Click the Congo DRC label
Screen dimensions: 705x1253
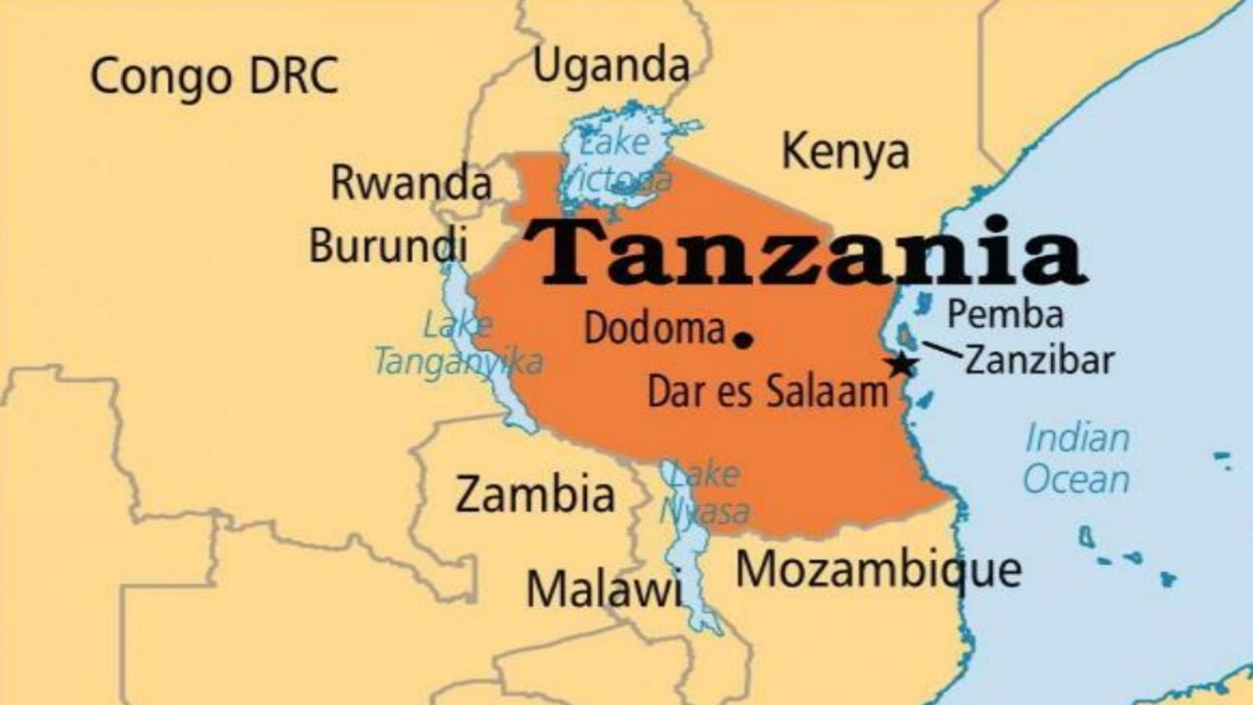pos(214,75)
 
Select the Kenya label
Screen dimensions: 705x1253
pos(845,153)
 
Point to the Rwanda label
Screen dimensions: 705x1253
pos(410,183)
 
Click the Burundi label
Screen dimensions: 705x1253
pos(388,245)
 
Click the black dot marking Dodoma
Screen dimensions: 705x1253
pos(743,339)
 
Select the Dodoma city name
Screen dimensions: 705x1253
pos(655,328)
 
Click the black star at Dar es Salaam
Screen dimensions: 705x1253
pos(902,365)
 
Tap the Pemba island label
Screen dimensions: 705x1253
pos(1005,314)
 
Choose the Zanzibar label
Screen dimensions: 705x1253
pos(1039,360)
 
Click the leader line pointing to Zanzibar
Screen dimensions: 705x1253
pos(942,350)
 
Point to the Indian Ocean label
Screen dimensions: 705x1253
pos(1076,459)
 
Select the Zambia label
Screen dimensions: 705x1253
pos(535,494)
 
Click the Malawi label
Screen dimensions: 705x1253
pos(604,589)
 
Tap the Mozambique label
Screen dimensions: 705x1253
pos(878,570)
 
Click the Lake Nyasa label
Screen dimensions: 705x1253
pos(705,493)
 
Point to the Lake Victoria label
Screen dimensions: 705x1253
pos(617,161)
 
